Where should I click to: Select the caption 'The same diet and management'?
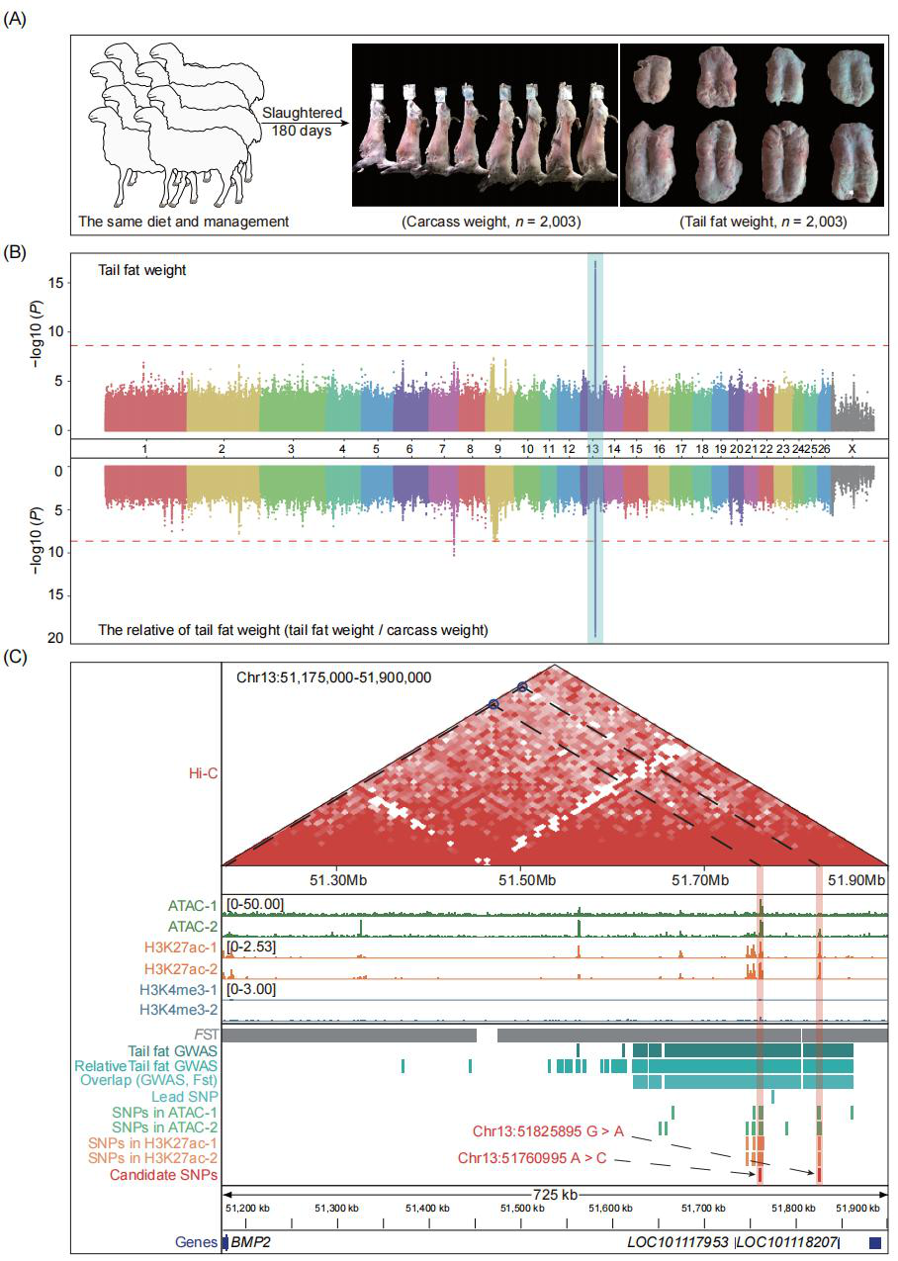[183, 222]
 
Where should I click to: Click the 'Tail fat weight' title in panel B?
[141, 269]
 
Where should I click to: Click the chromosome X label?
[853, 449]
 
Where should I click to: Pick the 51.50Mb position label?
[521, 878]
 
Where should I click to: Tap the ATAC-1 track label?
[192, 904]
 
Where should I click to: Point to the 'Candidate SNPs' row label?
[164, 1175]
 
